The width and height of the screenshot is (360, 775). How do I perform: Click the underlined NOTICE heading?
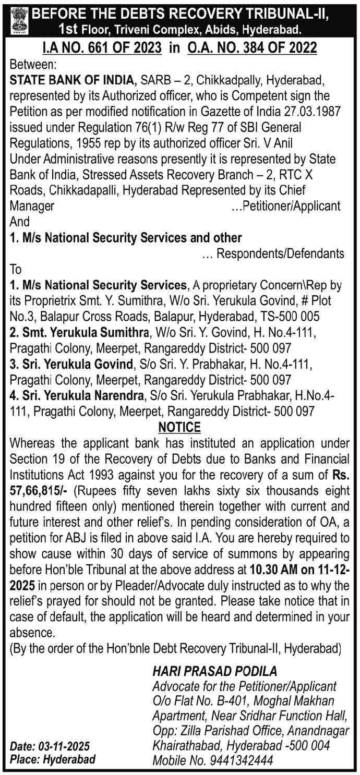tap(179, 427)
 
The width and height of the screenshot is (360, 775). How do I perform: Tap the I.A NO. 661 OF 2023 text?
tap(103, 49)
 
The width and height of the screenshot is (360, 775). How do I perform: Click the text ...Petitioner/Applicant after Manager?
tap(285, 205)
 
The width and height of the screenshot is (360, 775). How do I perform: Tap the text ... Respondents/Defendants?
tap(272, 253)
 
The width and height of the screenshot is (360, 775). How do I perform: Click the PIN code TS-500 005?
tap(290, 317)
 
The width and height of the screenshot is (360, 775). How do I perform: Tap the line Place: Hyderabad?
tap(53, 759)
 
